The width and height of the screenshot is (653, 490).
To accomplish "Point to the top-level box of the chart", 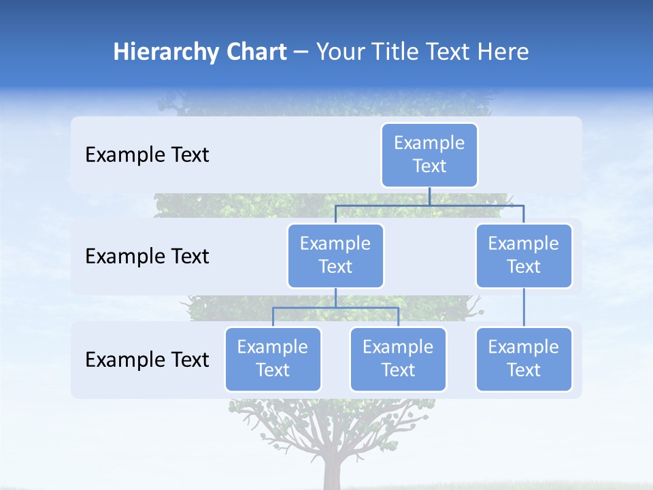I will coord(429,154).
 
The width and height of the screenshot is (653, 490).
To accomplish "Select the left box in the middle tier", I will coord(335,255).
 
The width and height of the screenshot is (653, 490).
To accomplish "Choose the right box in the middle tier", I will coord(524,255).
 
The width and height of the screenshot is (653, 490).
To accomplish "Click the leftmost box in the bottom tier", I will coord(273,359).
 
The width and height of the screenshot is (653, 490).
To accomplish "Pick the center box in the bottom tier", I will coord(398,359).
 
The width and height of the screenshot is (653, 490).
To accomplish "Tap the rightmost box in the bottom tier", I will coord(524,359).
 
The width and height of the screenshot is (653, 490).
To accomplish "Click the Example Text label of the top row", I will coord(147,155).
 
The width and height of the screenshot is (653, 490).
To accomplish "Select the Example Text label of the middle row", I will coord(147,257).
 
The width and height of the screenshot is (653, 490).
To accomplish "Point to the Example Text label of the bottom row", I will coord(147,359).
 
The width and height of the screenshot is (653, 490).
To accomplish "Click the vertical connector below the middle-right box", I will coord(524,308).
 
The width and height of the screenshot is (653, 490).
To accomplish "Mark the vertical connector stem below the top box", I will coord(429,196).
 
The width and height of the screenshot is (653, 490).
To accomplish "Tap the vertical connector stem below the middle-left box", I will coord(335,297).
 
